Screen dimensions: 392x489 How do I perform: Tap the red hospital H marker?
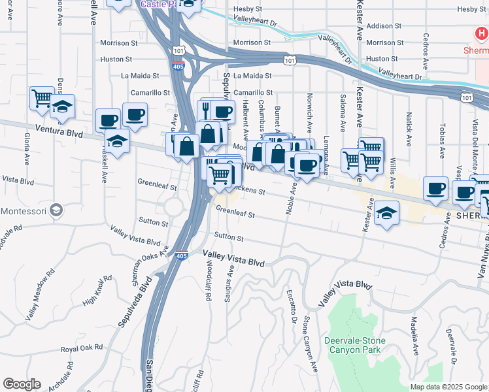[x=481, y=32]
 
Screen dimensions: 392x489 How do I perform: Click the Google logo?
[x=22, y=384]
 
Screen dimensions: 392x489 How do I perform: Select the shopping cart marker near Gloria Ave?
[x=42, y=99]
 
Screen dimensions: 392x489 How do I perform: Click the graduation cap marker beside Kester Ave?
[x=387, y=212]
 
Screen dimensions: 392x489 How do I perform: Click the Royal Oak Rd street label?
[x=82, y=348]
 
